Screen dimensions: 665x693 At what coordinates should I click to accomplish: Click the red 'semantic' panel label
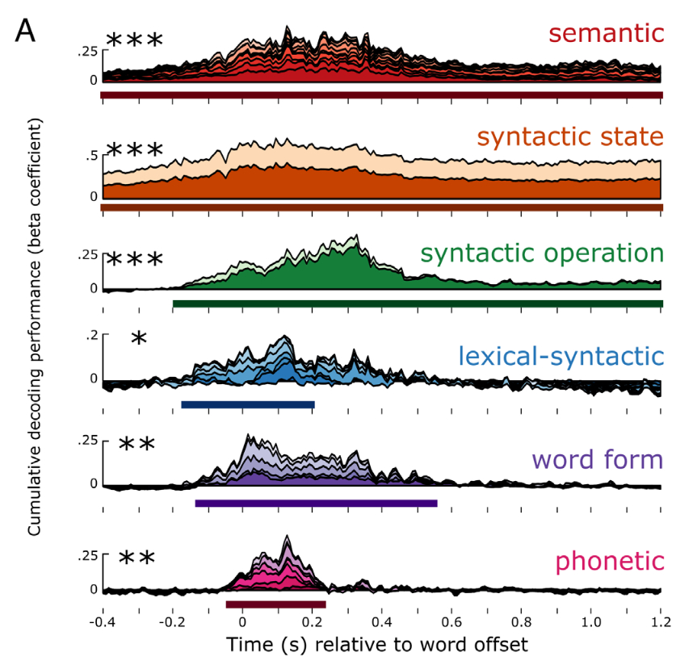(606, 34)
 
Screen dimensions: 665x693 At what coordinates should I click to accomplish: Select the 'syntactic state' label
(570, 137)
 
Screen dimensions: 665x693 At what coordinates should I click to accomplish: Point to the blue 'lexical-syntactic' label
(561, 356)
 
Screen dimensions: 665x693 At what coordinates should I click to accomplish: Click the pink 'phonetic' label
(609, 562)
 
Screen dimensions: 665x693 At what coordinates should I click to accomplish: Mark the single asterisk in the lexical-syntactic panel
(139, 340)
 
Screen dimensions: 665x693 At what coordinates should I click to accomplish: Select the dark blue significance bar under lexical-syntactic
(247, 404)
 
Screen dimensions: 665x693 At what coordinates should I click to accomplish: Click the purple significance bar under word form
(316, 504)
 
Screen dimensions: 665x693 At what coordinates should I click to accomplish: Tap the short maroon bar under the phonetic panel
(275, 604)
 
